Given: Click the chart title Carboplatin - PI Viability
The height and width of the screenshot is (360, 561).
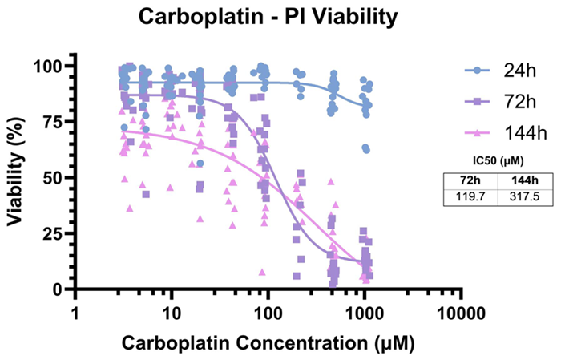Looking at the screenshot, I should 280,16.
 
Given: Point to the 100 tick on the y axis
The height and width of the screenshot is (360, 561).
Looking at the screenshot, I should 46,65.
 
